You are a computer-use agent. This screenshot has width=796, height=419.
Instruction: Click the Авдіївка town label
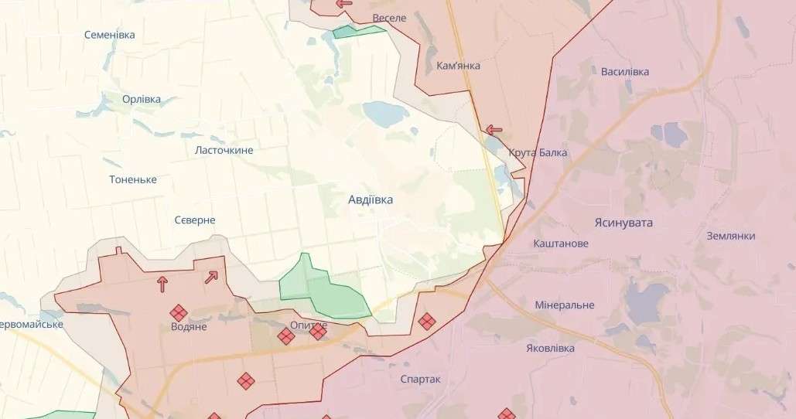click(x=371, y=199)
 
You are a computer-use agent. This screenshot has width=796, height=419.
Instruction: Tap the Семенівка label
click(x=109, y=35)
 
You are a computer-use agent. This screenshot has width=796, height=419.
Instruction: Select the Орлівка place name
click(x=142, y=99)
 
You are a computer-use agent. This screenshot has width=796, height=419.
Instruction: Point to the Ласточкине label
click(x=224, y=150)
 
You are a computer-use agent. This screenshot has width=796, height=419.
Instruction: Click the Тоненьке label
click(x=133, y=179)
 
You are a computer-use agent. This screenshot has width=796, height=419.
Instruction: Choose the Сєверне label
click(x=195, y=220)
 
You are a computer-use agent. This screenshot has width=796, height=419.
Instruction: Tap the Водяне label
click(x=189, y=327)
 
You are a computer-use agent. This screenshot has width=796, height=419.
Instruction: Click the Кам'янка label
click(x=458, y=66)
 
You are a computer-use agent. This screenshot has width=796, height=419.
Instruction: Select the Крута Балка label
click(x=538, y=152)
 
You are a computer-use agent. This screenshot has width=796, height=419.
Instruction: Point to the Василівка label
click(x=625, y=72)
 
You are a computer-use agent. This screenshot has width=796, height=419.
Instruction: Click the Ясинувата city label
click(x=623, y=223)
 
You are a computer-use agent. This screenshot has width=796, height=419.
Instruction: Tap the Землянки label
click(x=731, y=236)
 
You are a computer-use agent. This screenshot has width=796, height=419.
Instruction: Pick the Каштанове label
click(x=561, y=244)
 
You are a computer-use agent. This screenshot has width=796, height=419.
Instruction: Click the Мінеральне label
click(x=565, y=305)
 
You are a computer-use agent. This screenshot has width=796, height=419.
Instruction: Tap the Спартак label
click(x=420, y=379)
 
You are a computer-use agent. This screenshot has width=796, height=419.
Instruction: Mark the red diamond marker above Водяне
click(x=179, y=312)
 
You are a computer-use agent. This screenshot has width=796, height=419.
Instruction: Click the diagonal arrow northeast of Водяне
click(x=211, y=276)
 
